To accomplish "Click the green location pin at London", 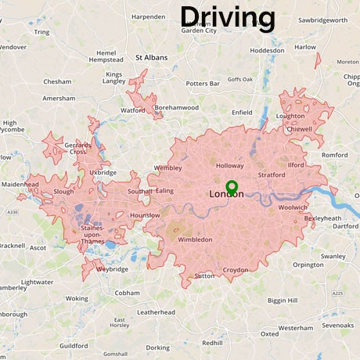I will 231,187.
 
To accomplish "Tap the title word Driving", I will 228,16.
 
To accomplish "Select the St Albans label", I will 152,57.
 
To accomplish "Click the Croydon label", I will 235,270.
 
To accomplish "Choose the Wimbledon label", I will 195,239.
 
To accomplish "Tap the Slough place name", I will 64,191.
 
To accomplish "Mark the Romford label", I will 334,155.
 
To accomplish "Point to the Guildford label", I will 74,345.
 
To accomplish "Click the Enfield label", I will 243,113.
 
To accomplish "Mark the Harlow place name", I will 305,47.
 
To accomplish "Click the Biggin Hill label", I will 282,300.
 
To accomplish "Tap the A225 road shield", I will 337,293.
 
